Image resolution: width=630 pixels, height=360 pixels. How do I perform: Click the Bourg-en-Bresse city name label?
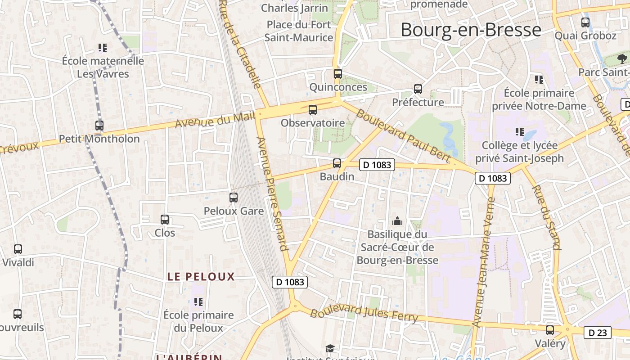click(x=471, y=30)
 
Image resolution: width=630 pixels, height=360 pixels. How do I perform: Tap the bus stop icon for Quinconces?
click(x=338, y=74)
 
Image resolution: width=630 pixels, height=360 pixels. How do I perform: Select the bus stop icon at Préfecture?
click(x=418, y=89)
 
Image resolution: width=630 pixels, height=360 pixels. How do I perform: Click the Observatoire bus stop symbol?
click(x=312, y=109)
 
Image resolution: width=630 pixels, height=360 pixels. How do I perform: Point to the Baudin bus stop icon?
click(x=337, y=163)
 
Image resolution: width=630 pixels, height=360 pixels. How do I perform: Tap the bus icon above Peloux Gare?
click(x=234, y=197)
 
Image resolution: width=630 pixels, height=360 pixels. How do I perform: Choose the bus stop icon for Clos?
click(x=165, y=220)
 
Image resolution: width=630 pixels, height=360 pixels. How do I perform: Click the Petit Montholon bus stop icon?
click(x=99, y=126)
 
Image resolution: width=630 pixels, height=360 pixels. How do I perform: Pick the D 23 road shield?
click(x=598, y=333)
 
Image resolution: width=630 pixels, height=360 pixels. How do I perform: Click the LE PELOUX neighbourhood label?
click(x=201, y=277)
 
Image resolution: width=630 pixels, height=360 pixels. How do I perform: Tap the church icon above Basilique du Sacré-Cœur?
click(x=397, y=221)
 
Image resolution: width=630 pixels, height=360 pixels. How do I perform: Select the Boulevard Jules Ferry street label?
click(x=364, y=313)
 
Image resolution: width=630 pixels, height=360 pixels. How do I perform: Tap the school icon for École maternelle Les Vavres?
click(x=103, y=47)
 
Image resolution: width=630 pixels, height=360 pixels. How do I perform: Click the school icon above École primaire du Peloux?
click(x=198, y=301)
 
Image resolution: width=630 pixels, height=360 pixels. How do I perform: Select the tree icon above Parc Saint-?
click(x=622, y=58)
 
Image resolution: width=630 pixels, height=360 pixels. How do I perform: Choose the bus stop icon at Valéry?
click(x=550, y=330)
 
